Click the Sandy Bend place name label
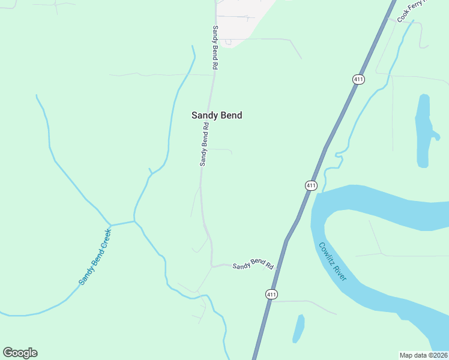click(217, 115)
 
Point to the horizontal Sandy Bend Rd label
click(253, 265)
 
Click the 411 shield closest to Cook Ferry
click(358, 79)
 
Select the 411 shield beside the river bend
click(310, 185)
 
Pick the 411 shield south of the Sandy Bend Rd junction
click(271, 294)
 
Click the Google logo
click(20, 353)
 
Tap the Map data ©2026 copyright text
click(423, 355)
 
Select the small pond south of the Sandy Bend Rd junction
click(298, 328)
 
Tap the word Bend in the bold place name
click(231, 115)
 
